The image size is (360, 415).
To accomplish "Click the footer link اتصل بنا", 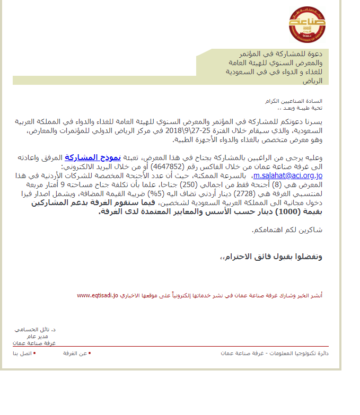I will [22, 353].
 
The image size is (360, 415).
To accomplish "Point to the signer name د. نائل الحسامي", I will [36, 329].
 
